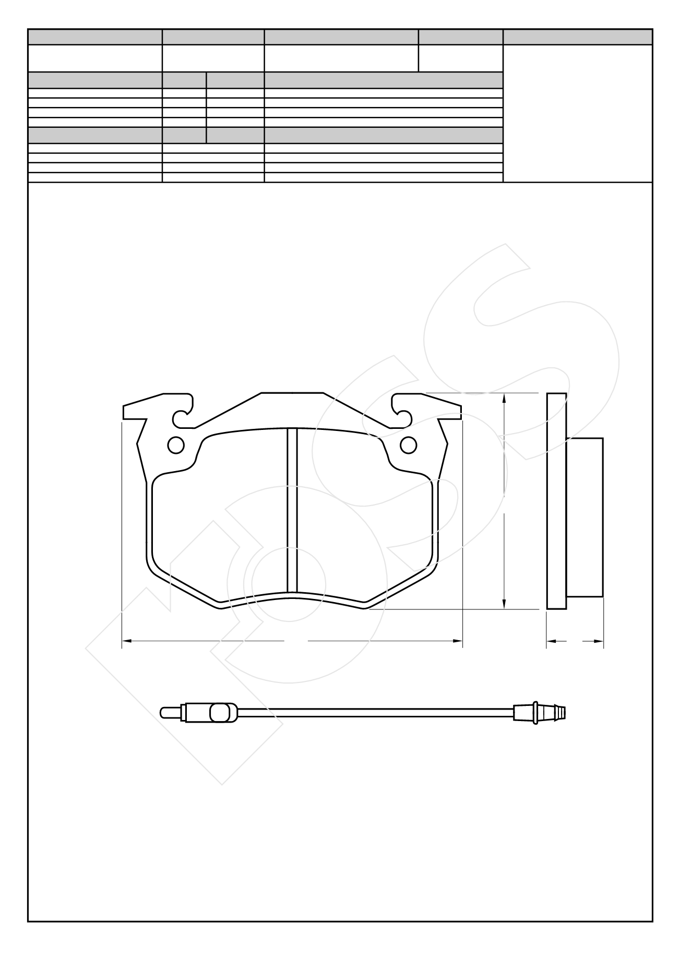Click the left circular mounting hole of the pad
[176, 445]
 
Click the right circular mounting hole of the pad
[409, 445]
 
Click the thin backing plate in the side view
[556, 501]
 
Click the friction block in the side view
[585, 517]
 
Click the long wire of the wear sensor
[376, 712]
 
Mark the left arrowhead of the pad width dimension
[126, 640]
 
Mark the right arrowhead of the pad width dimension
[459, 640]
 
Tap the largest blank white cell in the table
[578, 113]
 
